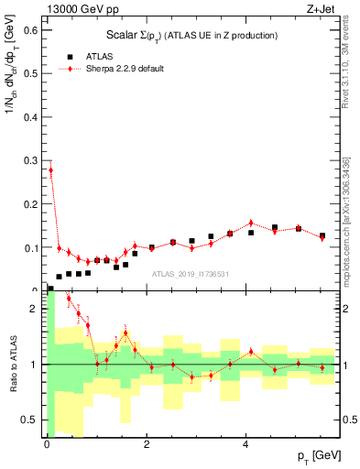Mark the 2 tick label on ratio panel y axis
[35, 309]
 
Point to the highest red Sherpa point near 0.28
[50, 169]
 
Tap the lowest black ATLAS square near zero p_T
[49, 289]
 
